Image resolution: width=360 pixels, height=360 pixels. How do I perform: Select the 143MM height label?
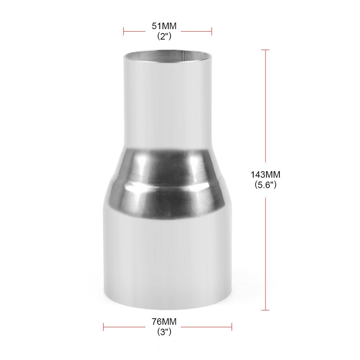pyautogui.click(x=265, y=175)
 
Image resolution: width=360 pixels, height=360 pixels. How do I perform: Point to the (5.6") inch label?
pyautogui.click(x=265, y=185)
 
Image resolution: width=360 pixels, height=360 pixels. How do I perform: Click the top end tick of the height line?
pyautogui.click(x=265, y=50)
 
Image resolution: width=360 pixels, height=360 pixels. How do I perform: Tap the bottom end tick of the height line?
pyautogui.click(x=265, y=310)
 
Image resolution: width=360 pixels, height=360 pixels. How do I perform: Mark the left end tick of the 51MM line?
pyautogui.click(x=124, y=31)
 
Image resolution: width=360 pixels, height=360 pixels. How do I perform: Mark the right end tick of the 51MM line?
pyautogui.click(x=211, y=31)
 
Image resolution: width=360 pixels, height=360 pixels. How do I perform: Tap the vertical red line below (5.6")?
pyautogui.click(x=265, y=252)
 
